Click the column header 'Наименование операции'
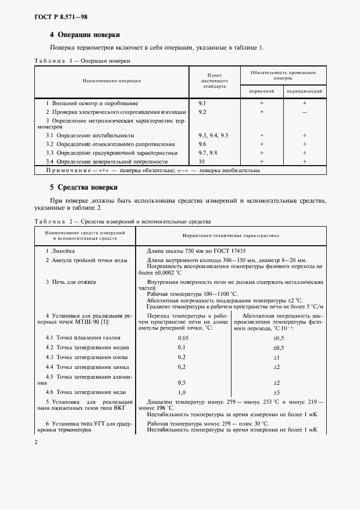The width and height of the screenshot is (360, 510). (x=112, y=81)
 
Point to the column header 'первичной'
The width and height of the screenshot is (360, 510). (x=261, y=91)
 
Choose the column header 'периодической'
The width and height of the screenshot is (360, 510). (x=304, y=91)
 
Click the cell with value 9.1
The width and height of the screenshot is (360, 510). (x=202, y=103)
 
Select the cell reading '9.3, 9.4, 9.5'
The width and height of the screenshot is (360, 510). (x=213, y=135)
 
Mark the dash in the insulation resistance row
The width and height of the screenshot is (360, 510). (x=304, y=112)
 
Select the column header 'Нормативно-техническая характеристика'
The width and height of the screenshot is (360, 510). (x=231, y=236)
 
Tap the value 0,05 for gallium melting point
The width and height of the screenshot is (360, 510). (x=182, y=338)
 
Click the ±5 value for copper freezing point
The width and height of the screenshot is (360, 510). (x=276, y=392)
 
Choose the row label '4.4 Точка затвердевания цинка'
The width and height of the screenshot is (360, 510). (x=87, y=367)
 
